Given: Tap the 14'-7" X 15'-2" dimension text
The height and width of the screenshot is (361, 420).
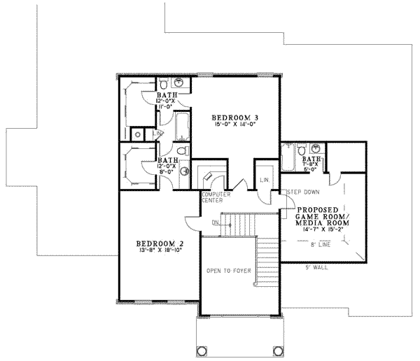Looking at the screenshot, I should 323,229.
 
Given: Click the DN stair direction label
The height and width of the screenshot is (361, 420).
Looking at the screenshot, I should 216,222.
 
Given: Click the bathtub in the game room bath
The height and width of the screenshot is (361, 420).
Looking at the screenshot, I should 288,160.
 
